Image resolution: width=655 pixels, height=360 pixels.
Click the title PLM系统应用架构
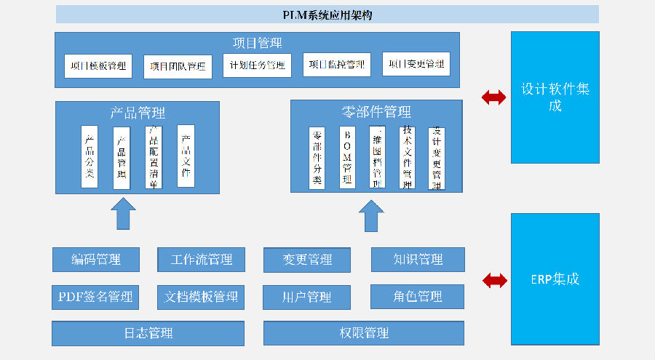(327, 15)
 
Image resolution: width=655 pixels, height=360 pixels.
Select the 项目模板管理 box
(98, 65)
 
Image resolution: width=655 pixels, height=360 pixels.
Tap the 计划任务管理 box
(257, 65)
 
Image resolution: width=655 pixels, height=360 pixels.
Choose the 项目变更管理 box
(416, 64)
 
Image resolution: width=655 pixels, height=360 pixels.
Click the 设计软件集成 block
(555, 97)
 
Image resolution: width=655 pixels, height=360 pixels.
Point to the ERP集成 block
(555, 279)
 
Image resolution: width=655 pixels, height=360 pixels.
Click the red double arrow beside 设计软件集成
(494, 97)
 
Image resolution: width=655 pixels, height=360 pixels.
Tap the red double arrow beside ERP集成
(495, 280)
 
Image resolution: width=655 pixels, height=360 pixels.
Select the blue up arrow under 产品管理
(123, 214)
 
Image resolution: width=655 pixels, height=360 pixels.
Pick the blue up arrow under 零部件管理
(371, 216)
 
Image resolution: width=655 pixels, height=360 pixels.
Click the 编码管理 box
(96, 260)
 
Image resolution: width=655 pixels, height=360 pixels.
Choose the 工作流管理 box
(201, 260)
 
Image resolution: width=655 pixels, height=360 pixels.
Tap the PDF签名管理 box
(96, 297)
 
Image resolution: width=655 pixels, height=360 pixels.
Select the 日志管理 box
(148, 333)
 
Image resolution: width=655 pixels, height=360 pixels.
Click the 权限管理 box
(364, 333)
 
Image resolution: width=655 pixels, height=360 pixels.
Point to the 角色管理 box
(418, 296)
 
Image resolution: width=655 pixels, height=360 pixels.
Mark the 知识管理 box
(418, 260)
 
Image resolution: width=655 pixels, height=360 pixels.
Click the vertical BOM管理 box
(347, 158)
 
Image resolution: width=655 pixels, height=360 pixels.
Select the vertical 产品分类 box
(90, 156)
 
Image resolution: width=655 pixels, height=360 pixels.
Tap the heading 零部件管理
(376, 112)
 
